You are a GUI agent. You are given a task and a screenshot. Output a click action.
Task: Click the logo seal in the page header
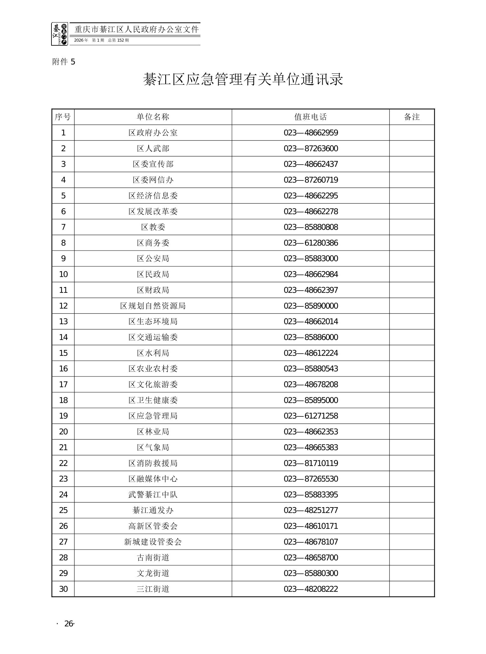tap(59, 34)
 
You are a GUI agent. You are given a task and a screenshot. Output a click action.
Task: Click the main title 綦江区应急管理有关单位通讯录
tap(243, 79)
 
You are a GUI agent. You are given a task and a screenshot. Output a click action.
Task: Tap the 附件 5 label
tap(64, 62)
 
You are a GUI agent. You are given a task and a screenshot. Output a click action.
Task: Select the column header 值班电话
tap(310, 117)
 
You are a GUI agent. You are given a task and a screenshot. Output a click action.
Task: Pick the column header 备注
tap(412, 117)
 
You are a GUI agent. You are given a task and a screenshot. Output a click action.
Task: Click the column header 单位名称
tap(153, 117)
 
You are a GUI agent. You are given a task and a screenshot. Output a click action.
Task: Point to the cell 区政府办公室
tap(153, 133)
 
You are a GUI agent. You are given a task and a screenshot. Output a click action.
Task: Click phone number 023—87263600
tap(311, 148)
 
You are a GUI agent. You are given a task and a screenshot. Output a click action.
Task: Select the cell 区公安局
tap(153, 258)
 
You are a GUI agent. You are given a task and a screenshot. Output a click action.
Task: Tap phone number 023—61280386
tap(311, 243)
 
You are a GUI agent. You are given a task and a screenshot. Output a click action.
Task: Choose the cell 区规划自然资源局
tap(153, 306)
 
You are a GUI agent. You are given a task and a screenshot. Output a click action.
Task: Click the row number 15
tap(63, 353)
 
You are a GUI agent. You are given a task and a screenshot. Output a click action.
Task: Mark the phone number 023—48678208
tap(311, 384)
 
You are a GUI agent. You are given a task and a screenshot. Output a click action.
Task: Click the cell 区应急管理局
tap(153, 416)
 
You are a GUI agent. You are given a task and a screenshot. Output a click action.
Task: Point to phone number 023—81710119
tap(311, 463)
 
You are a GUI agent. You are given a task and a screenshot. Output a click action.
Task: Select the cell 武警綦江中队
tap(153, 494)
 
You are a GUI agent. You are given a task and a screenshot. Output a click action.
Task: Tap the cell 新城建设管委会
tap(153, 542)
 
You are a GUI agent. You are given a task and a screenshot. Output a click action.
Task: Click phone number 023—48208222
tap(311, 589)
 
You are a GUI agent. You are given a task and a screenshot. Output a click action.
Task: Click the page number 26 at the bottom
tap(69, 624)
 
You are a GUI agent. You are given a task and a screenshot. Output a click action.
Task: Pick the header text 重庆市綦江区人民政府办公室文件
tap(137, 29)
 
